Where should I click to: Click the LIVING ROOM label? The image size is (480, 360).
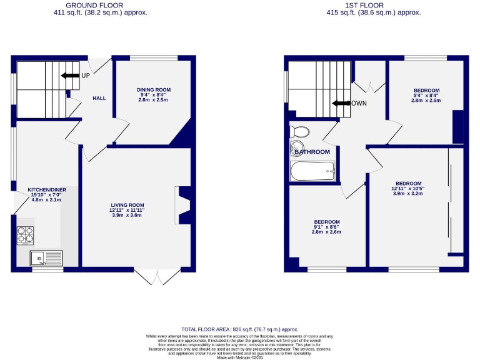click(x=127, y=210)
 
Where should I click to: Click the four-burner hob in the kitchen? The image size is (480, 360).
click(x=26, y=234)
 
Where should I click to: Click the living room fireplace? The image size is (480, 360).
click(x=182, y=206)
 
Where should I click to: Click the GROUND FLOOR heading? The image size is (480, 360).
click(x=101, y=6)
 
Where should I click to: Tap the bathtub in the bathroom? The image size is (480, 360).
click(x=313, y=171)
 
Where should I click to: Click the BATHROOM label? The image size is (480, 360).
click(x=312, y=152)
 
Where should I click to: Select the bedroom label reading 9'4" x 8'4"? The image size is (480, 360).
click(x=426, y=95)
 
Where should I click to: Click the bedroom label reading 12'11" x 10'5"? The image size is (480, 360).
click(x=407, y=188)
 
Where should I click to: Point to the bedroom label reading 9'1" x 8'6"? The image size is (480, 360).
click(x=327, y=227)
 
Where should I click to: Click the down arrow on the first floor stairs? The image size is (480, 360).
click(x=341, y=104)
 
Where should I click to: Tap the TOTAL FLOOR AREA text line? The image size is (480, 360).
click(x=239, y=329)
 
